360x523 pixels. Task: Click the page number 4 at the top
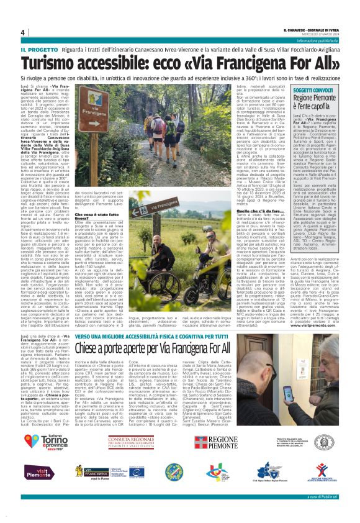[x=22, y=32]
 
